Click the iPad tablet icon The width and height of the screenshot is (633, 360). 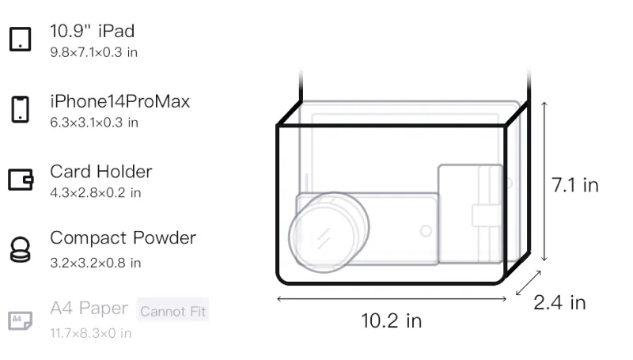21,39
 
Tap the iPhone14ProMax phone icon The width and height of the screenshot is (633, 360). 21,109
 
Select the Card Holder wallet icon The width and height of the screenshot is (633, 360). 21,179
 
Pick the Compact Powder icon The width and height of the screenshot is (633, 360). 21,249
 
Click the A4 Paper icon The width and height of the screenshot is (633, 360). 21,320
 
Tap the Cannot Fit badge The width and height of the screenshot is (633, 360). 172,311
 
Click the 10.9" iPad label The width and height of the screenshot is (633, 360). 93,31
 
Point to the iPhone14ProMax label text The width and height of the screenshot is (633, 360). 120,101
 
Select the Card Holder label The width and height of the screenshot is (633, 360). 101,172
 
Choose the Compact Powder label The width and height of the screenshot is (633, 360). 123,238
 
